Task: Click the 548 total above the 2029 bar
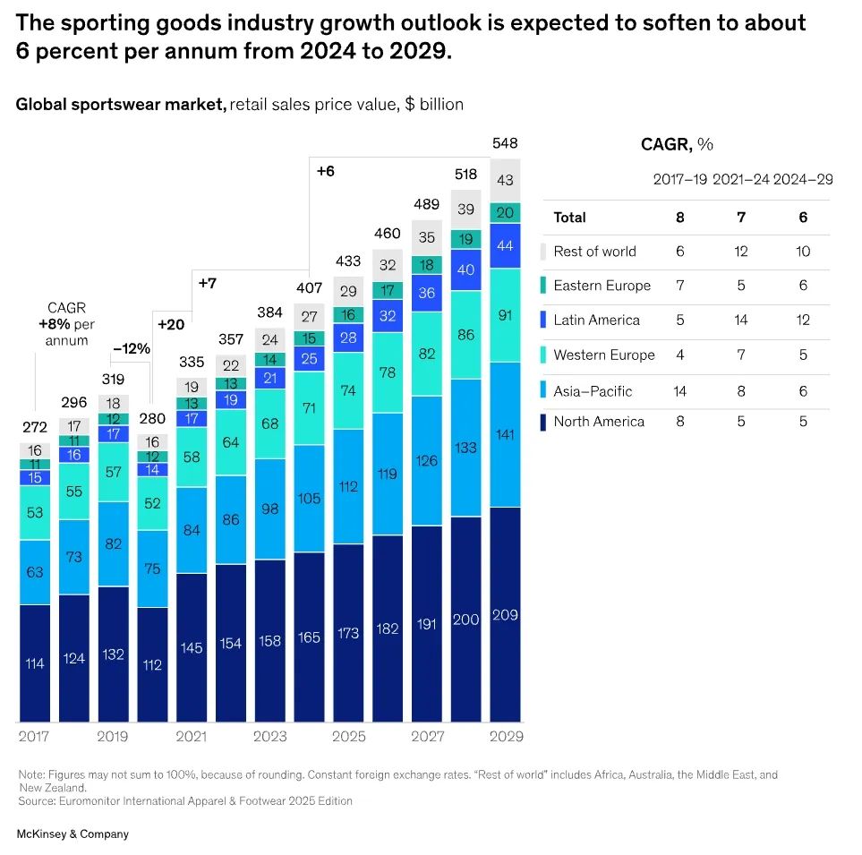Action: click(505, 143)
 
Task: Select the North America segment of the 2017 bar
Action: click(35, 663)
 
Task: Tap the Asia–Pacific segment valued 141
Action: click(505, 434)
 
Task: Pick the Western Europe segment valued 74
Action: click(348, 390)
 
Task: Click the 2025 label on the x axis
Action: click(348, 737)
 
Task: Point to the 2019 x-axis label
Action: click(113, 737)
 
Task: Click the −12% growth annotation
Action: click(131, 349)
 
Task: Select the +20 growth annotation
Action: click(169, 324)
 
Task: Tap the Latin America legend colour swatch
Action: click(543, 320)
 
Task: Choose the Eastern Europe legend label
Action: click(602, 286)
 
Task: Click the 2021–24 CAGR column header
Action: click(741, 179)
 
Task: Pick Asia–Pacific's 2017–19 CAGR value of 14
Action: click(680, 390)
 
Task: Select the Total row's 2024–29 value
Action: click(803, 217)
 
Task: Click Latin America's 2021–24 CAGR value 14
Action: click(741, 320)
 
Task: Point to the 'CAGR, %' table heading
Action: click(677, 144)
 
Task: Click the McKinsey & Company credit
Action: click(73, 834)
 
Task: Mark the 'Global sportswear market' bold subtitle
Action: click(121, 105)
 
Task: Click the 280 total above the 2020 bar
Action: click(152, 419)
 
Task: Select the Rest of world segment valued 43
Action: click(505, 180)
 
